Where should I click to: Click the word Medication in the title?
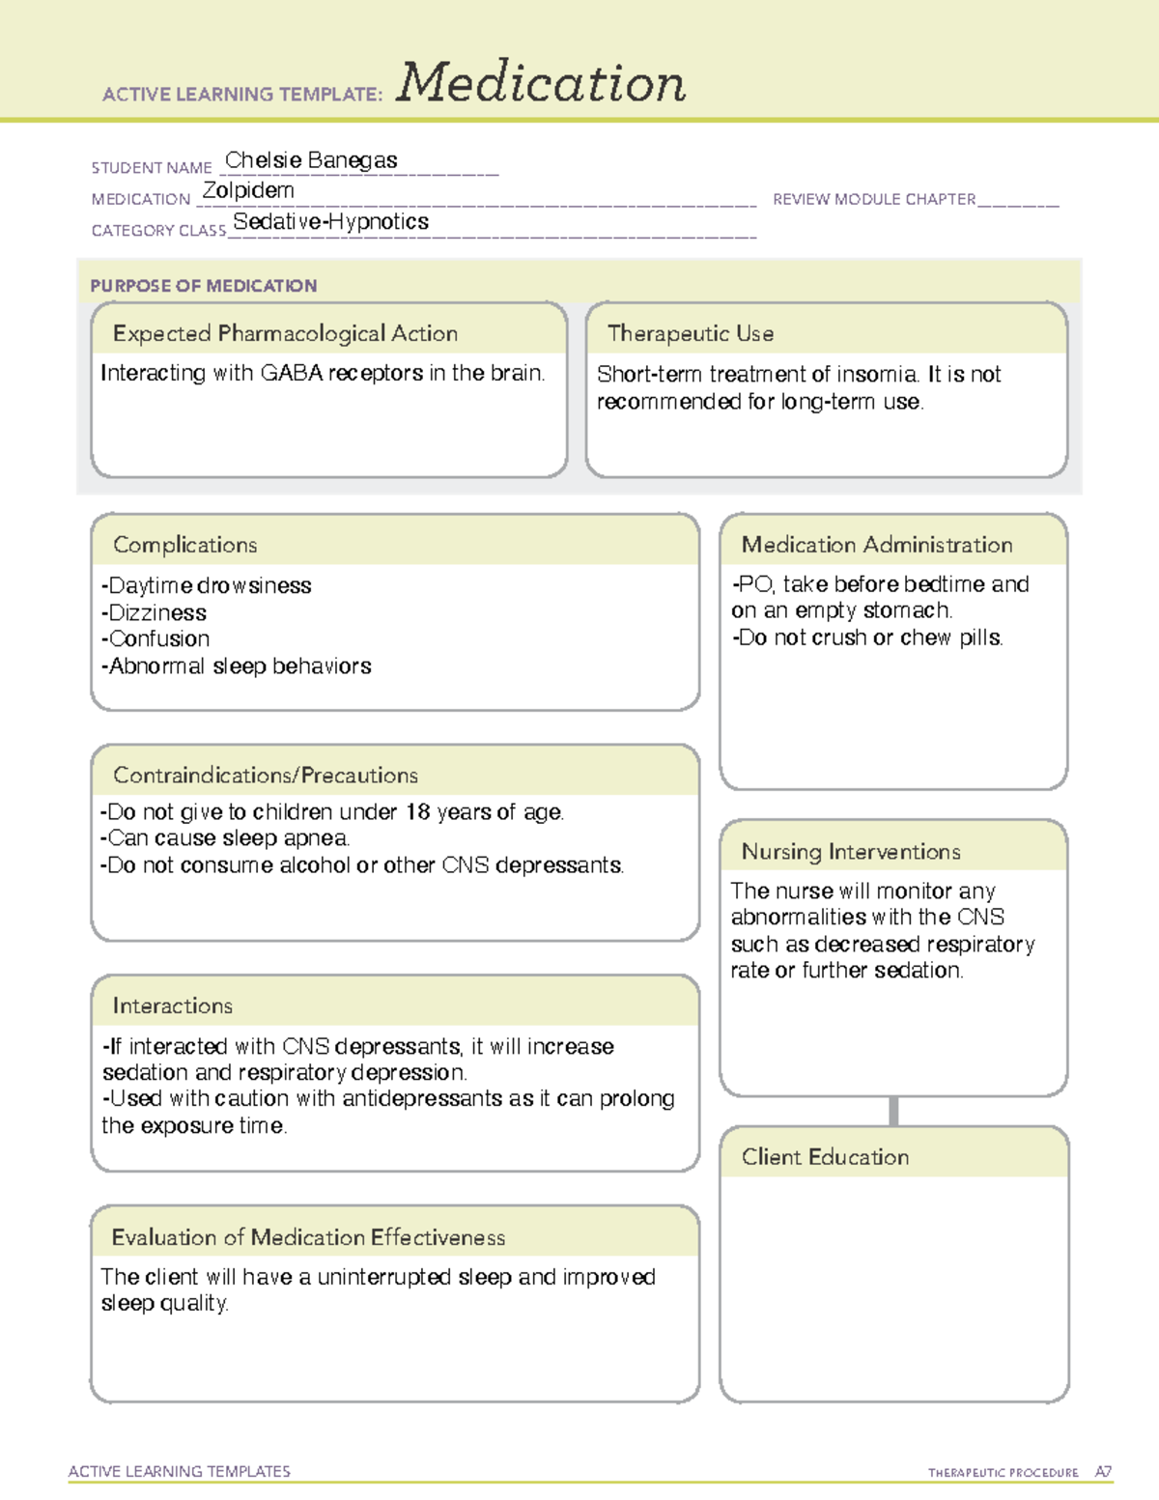(x=541, y=83)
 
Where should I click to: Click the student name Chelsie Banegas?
(x=311, y=160)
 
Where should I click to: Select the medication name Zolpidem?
(x=248, y=190)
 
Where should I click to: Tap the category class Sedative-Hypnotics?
(x=331, y=222)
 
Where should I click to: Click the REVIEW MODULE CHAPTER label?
(x=874, y=199)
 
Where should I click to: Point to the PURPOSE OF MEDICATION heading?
(x=203, y=286)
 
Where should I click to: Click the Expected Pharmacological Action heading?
(x=285, y=333)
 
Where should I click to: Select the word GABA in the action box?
(x=292, y=373)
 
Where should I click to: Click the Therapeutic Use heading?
(x=691, y=333)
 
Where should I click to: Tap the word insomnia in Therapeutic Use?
(x=878, y=375)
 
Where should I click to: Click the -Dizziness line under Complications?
(x=154, y=612)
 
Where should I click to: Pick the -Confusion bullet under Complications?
(x=155, y=638)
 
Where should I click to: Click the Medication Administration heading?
(x=877, y=545)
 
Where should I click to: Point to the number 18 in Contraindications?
(x=417, y=811)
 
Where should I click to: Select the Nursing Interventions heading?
(x=851, y=852)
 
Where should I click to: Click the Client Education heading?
(x=825, y=1157)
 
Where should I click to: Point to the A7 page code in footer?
(x=1103, y=1472)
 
